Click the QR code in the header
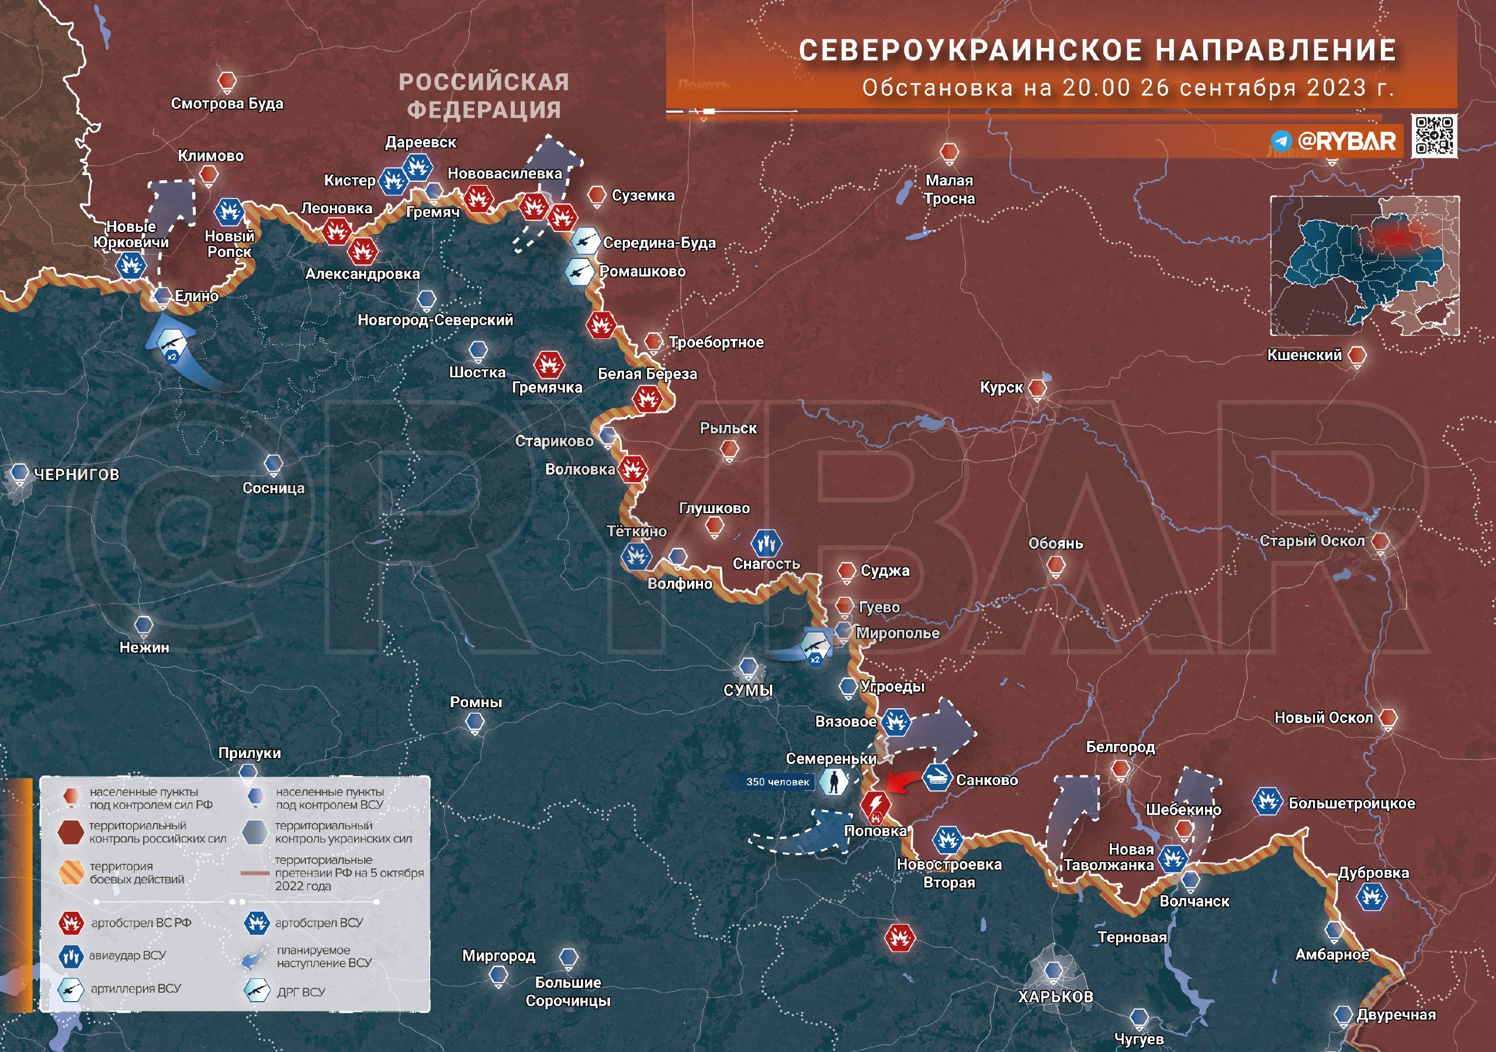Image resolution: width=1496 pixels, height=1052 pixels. pyautogui.click(x=1434, y=136)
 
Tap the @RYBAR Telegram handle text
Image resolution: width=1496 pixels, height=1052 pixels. pyautogui.click(x=1346, y=141)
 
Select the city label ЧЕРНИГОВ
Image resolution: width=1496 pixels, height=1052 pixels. pyautogui.click(x=76, y=475)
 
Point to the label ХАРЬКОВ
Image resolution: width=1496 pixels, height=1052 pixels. pyautogui.click(x=1055, y=996)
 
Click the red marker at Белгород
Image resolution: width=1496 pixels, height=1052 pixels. pyautogui.click(x=1120, y=769)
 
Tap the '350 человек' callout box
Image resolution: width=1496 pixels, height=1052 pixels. pyautogui.click(x=777, y=781)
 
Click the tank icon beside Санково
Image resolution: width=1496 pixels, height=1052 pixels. pyautogui.click(x=937, y=777)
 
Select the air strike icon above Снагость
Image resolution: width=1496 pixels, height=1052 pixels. pyautogui.click(x=766, y=542)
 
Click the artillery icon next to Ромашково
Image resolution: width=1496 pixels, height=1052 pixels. pyautogui.click(x=579, y=272)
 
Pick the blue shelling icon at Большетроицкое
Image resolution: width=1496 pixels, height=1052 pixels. pyautogui.click(x=1268, y=801)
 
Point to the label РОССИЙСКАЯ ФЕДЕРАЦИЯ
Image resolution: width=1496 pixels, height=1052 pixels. pyautogui.click(x=483, y=96)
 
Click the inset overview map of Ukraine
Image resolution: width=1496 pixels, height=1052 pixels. pyautogui.click(x=1364, y=265)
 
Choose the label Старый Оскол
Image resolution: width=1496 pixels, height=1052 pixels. pyautogui.click(x=1311, y=541)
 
